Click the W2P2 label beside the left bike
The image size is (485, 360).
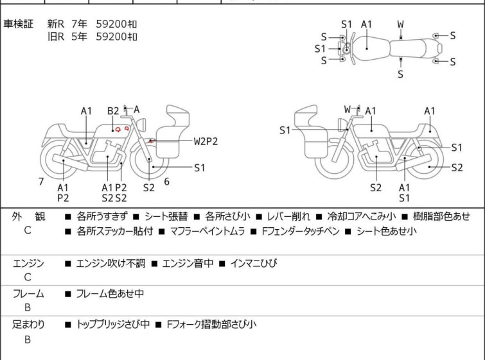coord(206,141)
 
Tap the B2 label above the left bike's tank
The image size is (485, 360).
coord(113,111)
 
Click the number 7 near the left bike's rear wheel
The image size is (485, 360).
coord(41,182)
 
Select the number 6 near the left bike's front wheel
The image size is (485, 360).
coord(167,182)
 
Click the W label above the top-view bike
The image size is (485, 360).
coord(401,24)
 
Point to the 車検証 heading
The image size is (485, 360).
coord(18,24)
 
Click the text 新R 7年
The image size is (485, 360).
coord(67,24)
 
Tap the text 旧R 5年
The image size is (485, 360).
coord(67,37)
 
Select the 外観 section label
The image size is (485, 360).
coord(28,216)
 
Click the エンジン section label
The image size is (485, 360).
coord(28,263)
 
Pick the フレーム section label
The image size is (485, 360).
coord(28,293)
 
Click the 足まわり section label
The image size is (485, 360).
coord(28,325)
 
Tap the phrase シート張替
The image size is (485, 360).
coord(166,216)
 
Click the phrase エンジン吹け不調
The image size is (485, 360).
coord(110,263)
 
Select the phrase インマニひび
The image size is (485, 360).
coord(254,263)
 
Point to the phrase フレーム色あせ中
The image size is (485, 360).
coord(110,293)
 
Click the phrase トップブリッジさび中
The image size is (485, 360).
coord(113,325)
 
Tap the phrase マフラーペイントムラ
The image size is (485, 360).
coord(207,231)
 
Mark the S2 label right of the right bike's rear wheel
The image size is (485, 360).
coord(457,167)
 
